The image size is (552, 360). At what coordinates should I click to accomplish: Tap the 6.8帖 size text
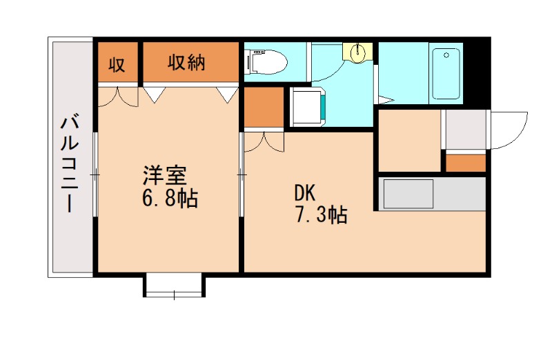pos(169,199)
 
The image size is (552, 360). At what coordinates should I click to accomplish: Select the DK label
pos(305,192)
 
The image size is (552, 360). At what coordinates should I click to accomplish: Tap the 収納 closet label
pos(186,63)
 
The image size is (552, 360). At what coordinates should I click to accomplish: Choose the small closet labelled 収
pos(116,64)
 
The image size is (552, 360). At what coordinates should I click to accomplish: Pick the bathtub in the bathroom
pos(446,73)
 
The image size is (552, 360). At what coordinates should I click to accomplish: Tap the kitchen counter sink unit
pos(408,194)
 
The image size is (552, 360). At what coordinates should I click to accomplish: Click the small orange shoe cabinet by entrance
pos(465,163)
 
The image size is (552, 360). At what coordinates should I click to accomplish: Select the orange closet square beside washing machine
pos(264,107)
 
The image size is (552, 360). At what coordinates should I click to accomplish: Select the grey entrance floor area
pos(465,129)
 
